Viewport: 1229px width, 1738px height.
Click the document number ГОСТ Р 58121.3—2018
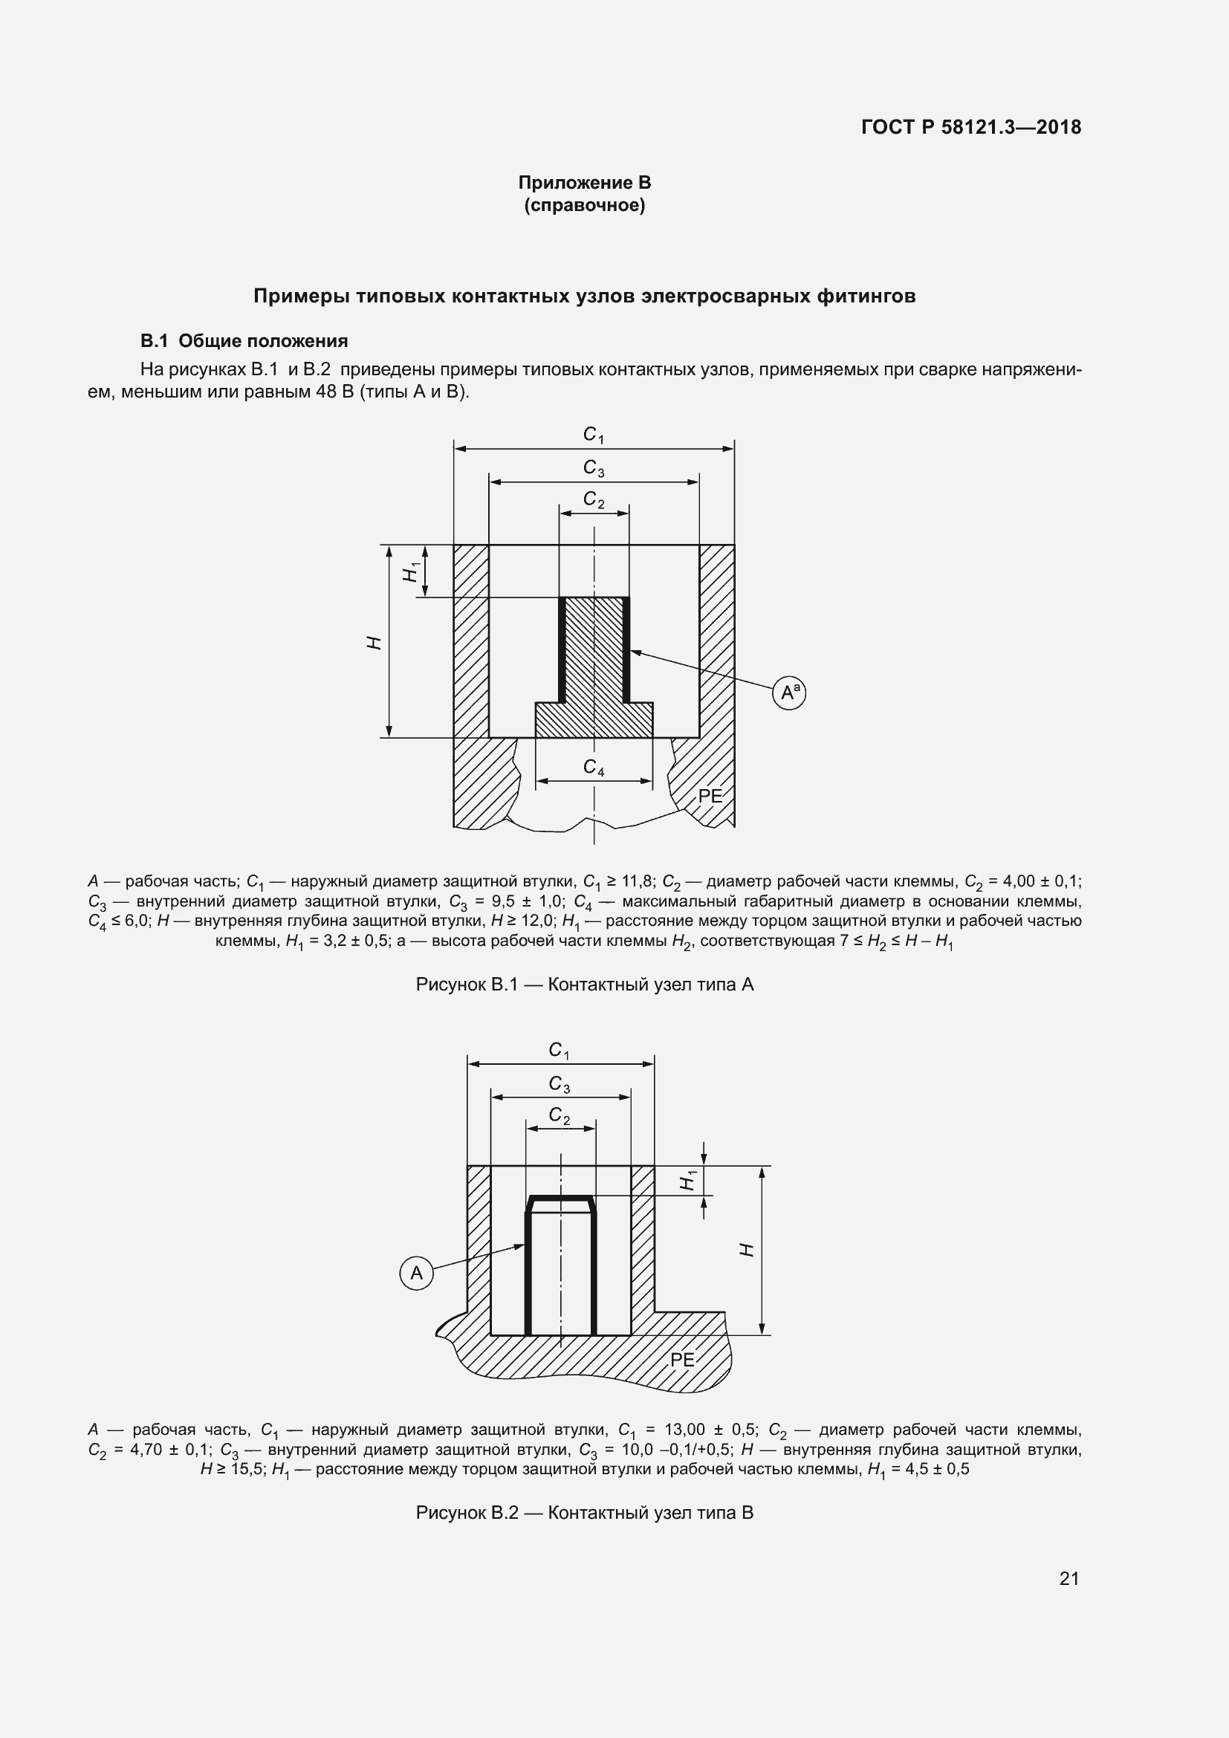[x=971, y=127]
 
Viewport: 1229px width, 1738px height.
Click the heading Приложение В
[x=584, y=183]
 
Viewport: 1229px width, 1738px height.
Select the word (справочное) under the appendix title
[x=584, y=206]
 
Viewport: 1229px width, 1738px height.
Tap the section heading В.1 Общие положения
[x=244, y=340]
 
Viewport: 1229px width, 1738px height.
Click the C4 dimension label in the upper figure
[x=593, y=768]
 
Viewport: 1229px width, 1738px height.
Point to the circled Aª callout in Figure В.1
[x=789, y=692]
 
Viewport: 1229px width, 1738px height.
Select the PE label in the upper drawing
[x=710, y=796]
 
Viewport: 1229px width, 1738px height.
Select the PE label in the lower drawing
[x=683, y=1360]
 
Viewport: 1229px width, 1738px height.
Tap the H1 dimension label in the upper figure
[x=411, y=571]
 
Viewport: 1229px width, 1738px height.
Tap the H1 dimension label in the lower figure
[x=688, y=1180]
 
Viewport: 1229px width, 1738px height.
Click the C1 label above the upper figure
[x=593, y=435]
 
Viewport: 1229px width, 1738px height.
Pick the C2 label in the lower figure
[x=560, y=1116]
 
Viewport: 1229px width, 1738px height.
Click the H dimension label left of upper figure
[x=374, y=643]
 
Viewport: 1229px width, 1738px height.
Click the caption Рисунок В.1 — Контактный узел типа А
[x=584, y=985]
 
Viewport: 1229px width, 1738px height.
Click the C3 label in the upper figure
[x=593, y=468]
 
